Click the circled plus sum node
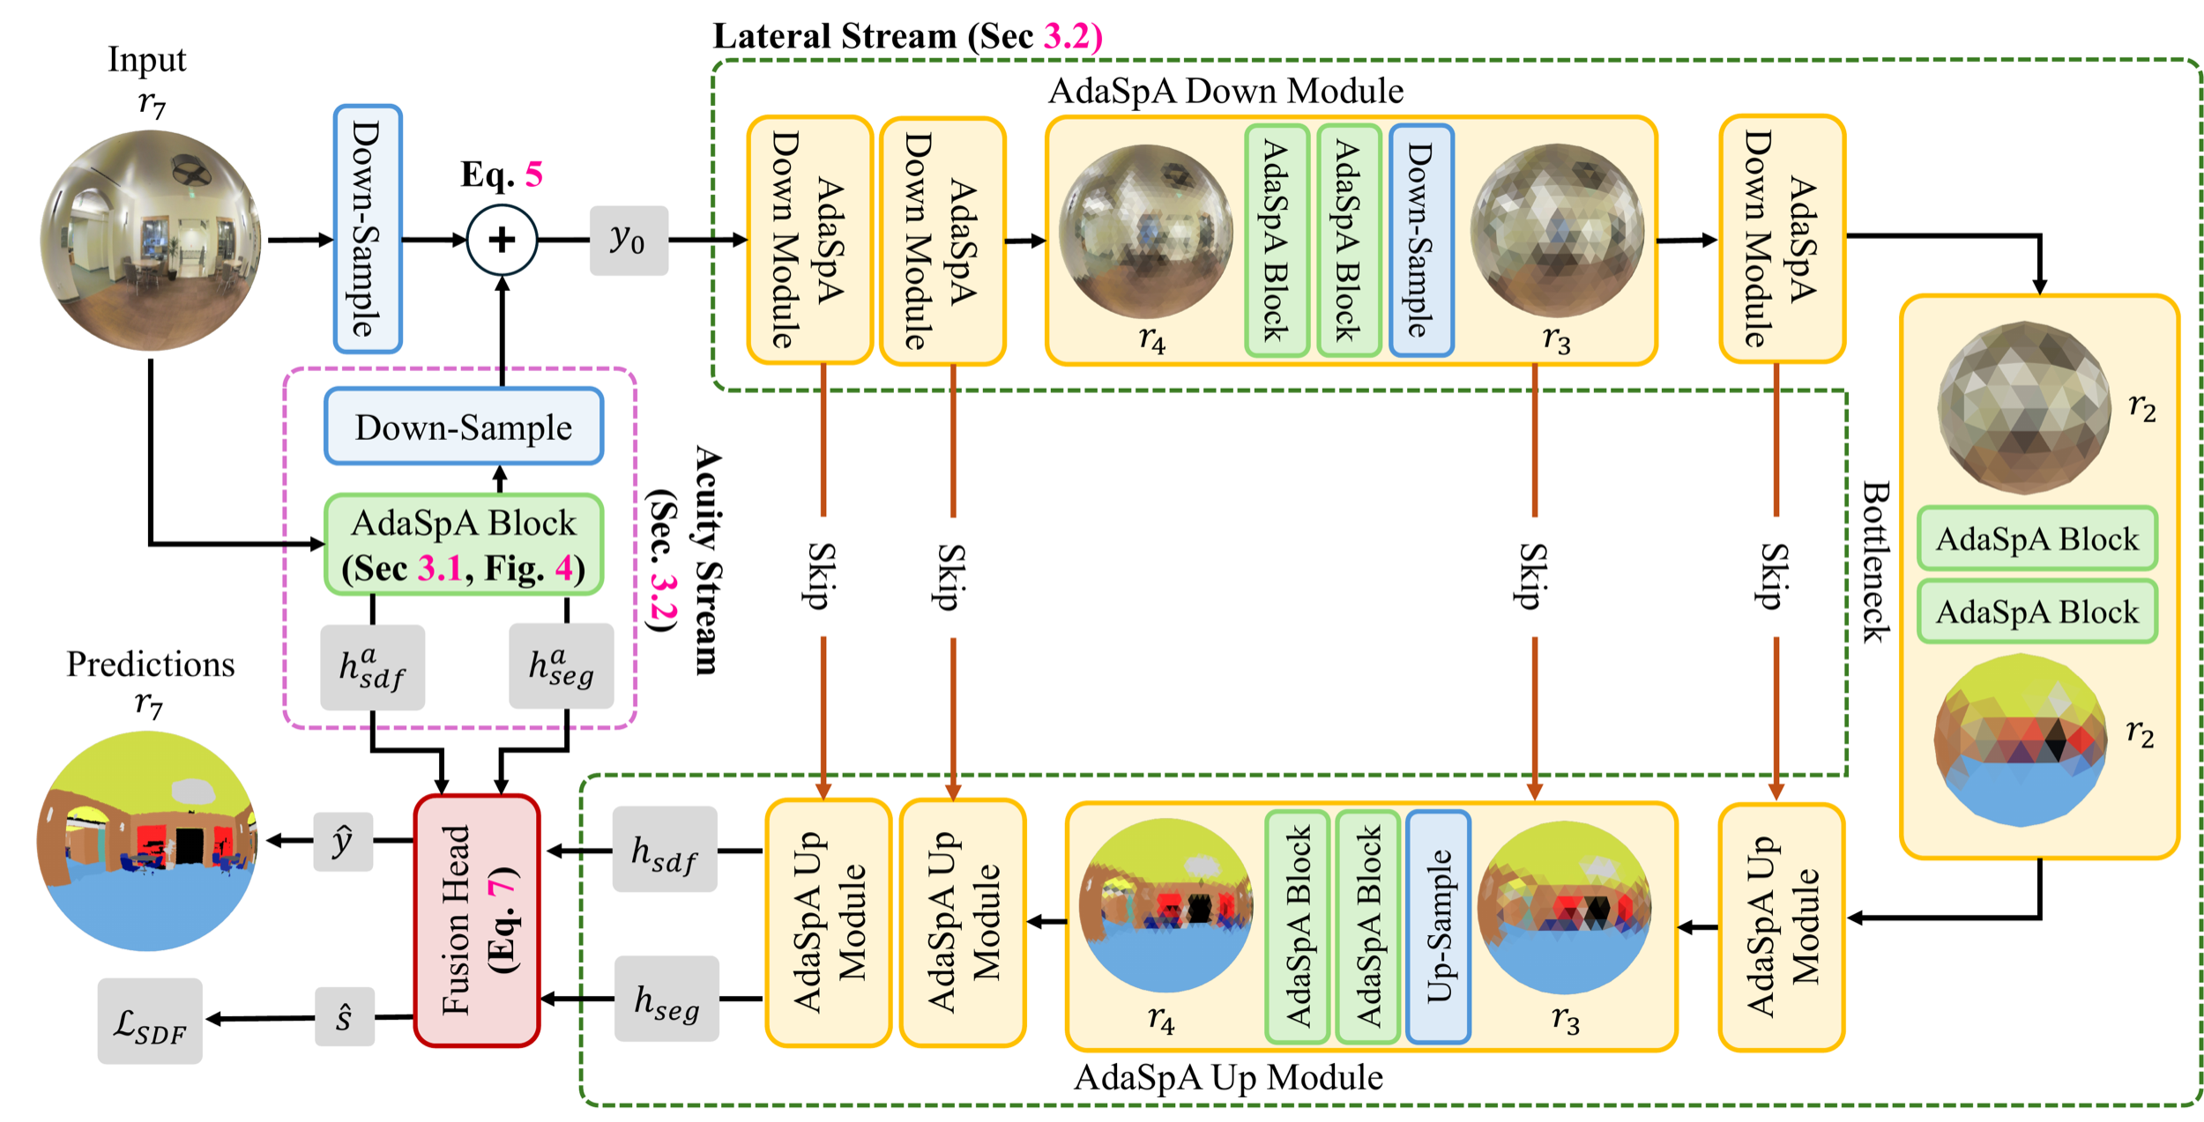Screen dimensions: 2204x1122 click(502, 240)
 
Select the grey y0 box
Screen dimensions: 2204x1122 click(629, 240)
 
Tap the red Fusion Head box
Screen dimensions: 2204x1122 click(476, 920)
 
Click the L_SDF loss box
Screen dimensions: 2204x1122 click(150, 1021)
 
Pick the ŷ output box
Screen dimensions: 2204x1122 click(343, 842)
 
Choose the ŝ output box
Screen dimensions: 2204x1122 click(345, 1017)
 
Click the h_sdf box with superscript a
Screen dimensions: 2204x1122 click(372, 667)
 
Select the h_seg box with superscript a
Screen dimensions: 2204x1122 click(562, 665)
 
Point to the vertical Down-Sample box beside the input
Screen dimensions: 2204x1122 click(368, 229)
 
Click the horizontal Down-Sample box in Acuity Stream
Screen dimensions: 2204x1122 click(464, 427)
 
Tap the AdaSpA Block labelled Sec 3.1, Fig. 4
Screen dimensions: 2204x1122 click(464, 545)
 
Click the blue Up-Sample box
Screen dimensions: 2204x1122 click(1438, 926)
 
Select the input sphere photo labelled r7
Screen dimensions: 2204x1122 click(151, 240)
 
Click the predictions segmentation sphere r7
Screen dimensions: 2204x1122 click(147, 841)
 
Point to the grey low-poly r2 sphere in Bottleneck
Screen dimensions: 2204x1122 click(2024, 407)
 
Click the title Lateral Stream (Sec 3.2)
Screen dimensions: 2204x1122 click(908, 36)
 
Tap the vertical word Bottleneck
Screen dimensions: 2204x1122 click(1875, 562)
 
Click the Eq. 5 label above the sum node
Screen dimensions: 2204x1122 click(502, 174)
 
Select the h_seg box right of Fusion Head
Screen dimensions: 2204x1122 click(666, 999)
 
